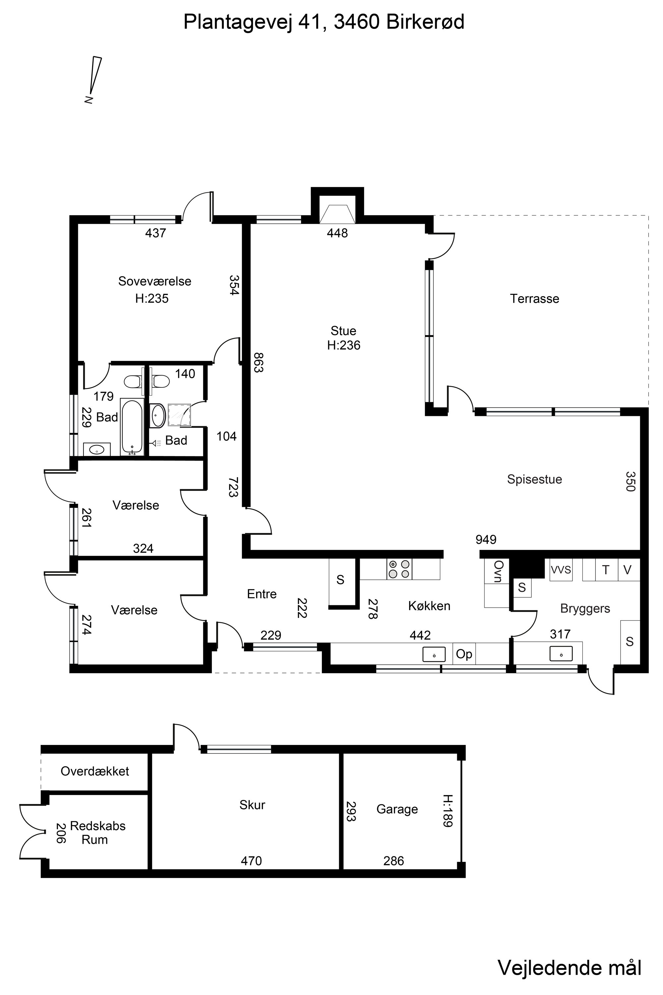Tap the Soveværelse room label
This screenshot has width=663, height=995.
(x=155, y=281)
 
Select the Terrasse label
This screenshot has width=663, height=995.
(x=534, y=299)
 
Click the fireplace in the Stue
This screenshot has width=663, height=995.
(x=337, y=214)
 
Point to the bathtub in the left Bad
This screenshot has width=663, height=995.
(x=132, y=427)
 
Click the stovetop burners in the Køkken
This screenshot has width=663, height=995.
(x=399, y=569)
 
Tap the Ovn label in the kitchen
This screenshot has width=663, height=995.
(x=498, y=571)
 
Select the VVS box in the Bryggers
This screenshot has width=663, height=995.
(x=561, y=570)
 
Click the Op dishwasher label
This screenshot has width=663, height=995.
(x=464, y=654)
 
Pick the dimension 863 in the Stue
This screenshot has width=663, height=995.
(x=258, y=363)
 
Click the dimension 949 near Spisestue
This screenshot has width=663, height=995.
(x=486, y=539)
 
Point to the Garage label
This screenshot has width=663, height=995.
(x=397, y=809)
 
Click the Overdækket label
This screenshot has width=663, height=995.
(x=95, y=771)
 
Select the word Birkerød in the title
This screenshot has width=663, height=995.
(x=425, y=22)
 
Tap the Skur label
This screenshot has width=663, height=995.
(x=252, y=805)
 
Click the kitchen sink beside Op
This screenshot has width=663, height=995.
(x=434, y=654)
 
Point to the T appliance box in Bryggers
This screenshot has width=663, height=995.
(x=606, y=570)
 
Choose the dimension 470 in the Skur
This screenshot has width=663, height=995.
(x=252, y=861)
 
